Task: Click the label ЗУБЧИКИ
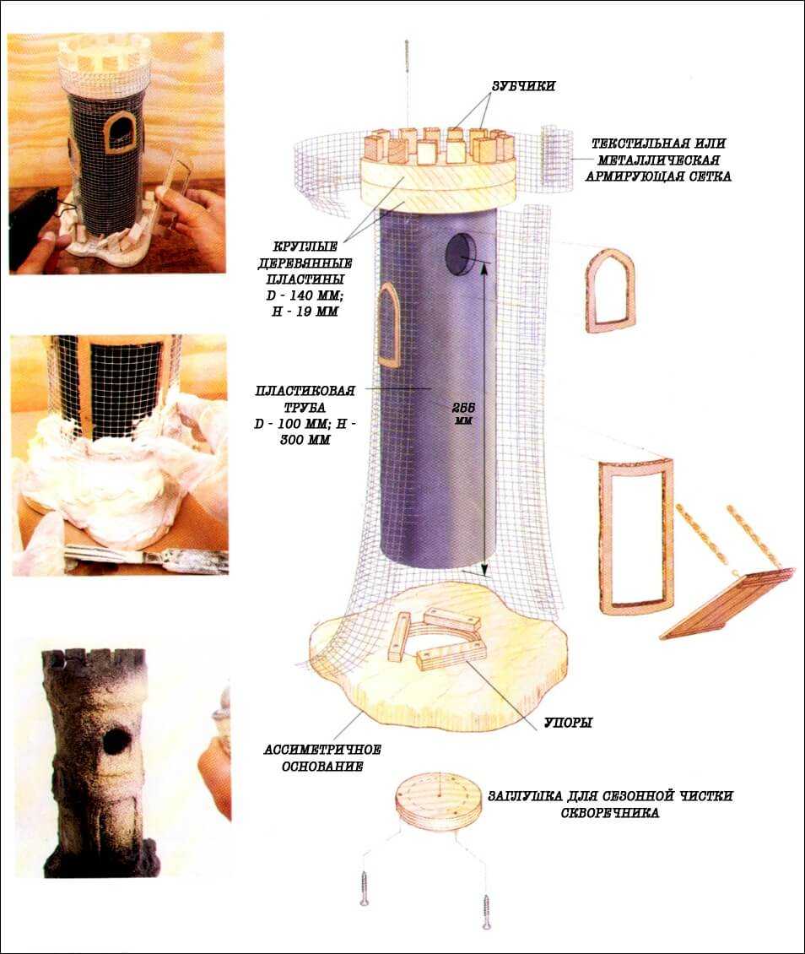[523, 86]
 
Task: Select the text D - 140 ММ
[305, 295]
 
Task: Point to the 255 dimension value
[463, 408]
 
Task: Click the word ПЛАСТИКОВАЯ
[305, 391]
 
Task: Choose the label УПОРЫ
[568, 723]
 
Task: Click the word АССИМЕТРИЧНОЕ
[322, 750]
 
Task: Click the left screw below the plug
[365, 889]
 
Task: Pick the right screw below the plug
[486, 911]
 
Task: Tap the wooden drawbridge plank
[727, 603]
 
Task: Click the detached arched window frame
[588, 292]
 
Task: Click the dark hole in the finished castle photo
[116, 741]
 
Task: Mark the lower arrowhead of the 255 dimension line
[484, 571]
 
